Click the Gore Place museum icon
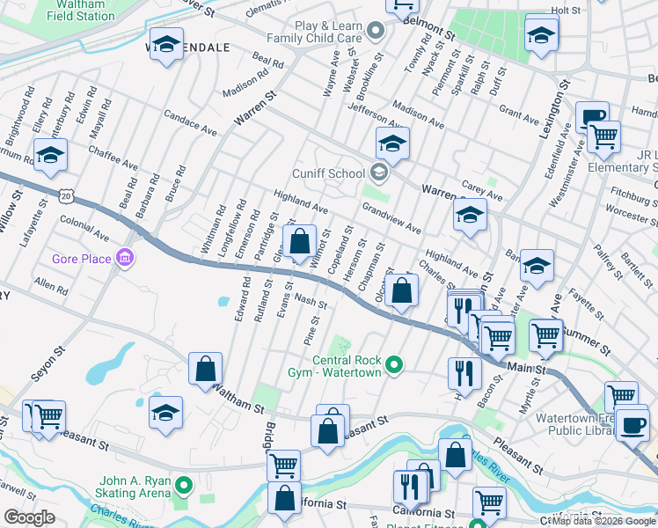click(126, 258)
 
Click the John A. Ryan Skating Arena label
click(135, 487)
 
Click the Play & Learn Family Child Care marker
click(376, 33)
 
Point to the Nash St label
click(311, 302)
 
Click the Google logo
click(29, 517)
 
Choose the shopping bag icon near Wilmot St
click(300, 240)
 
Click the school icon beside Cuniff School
click(393, 143)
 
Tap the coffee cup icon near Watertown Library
click(632, 425)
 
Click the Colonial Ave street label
click(84, 231)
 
